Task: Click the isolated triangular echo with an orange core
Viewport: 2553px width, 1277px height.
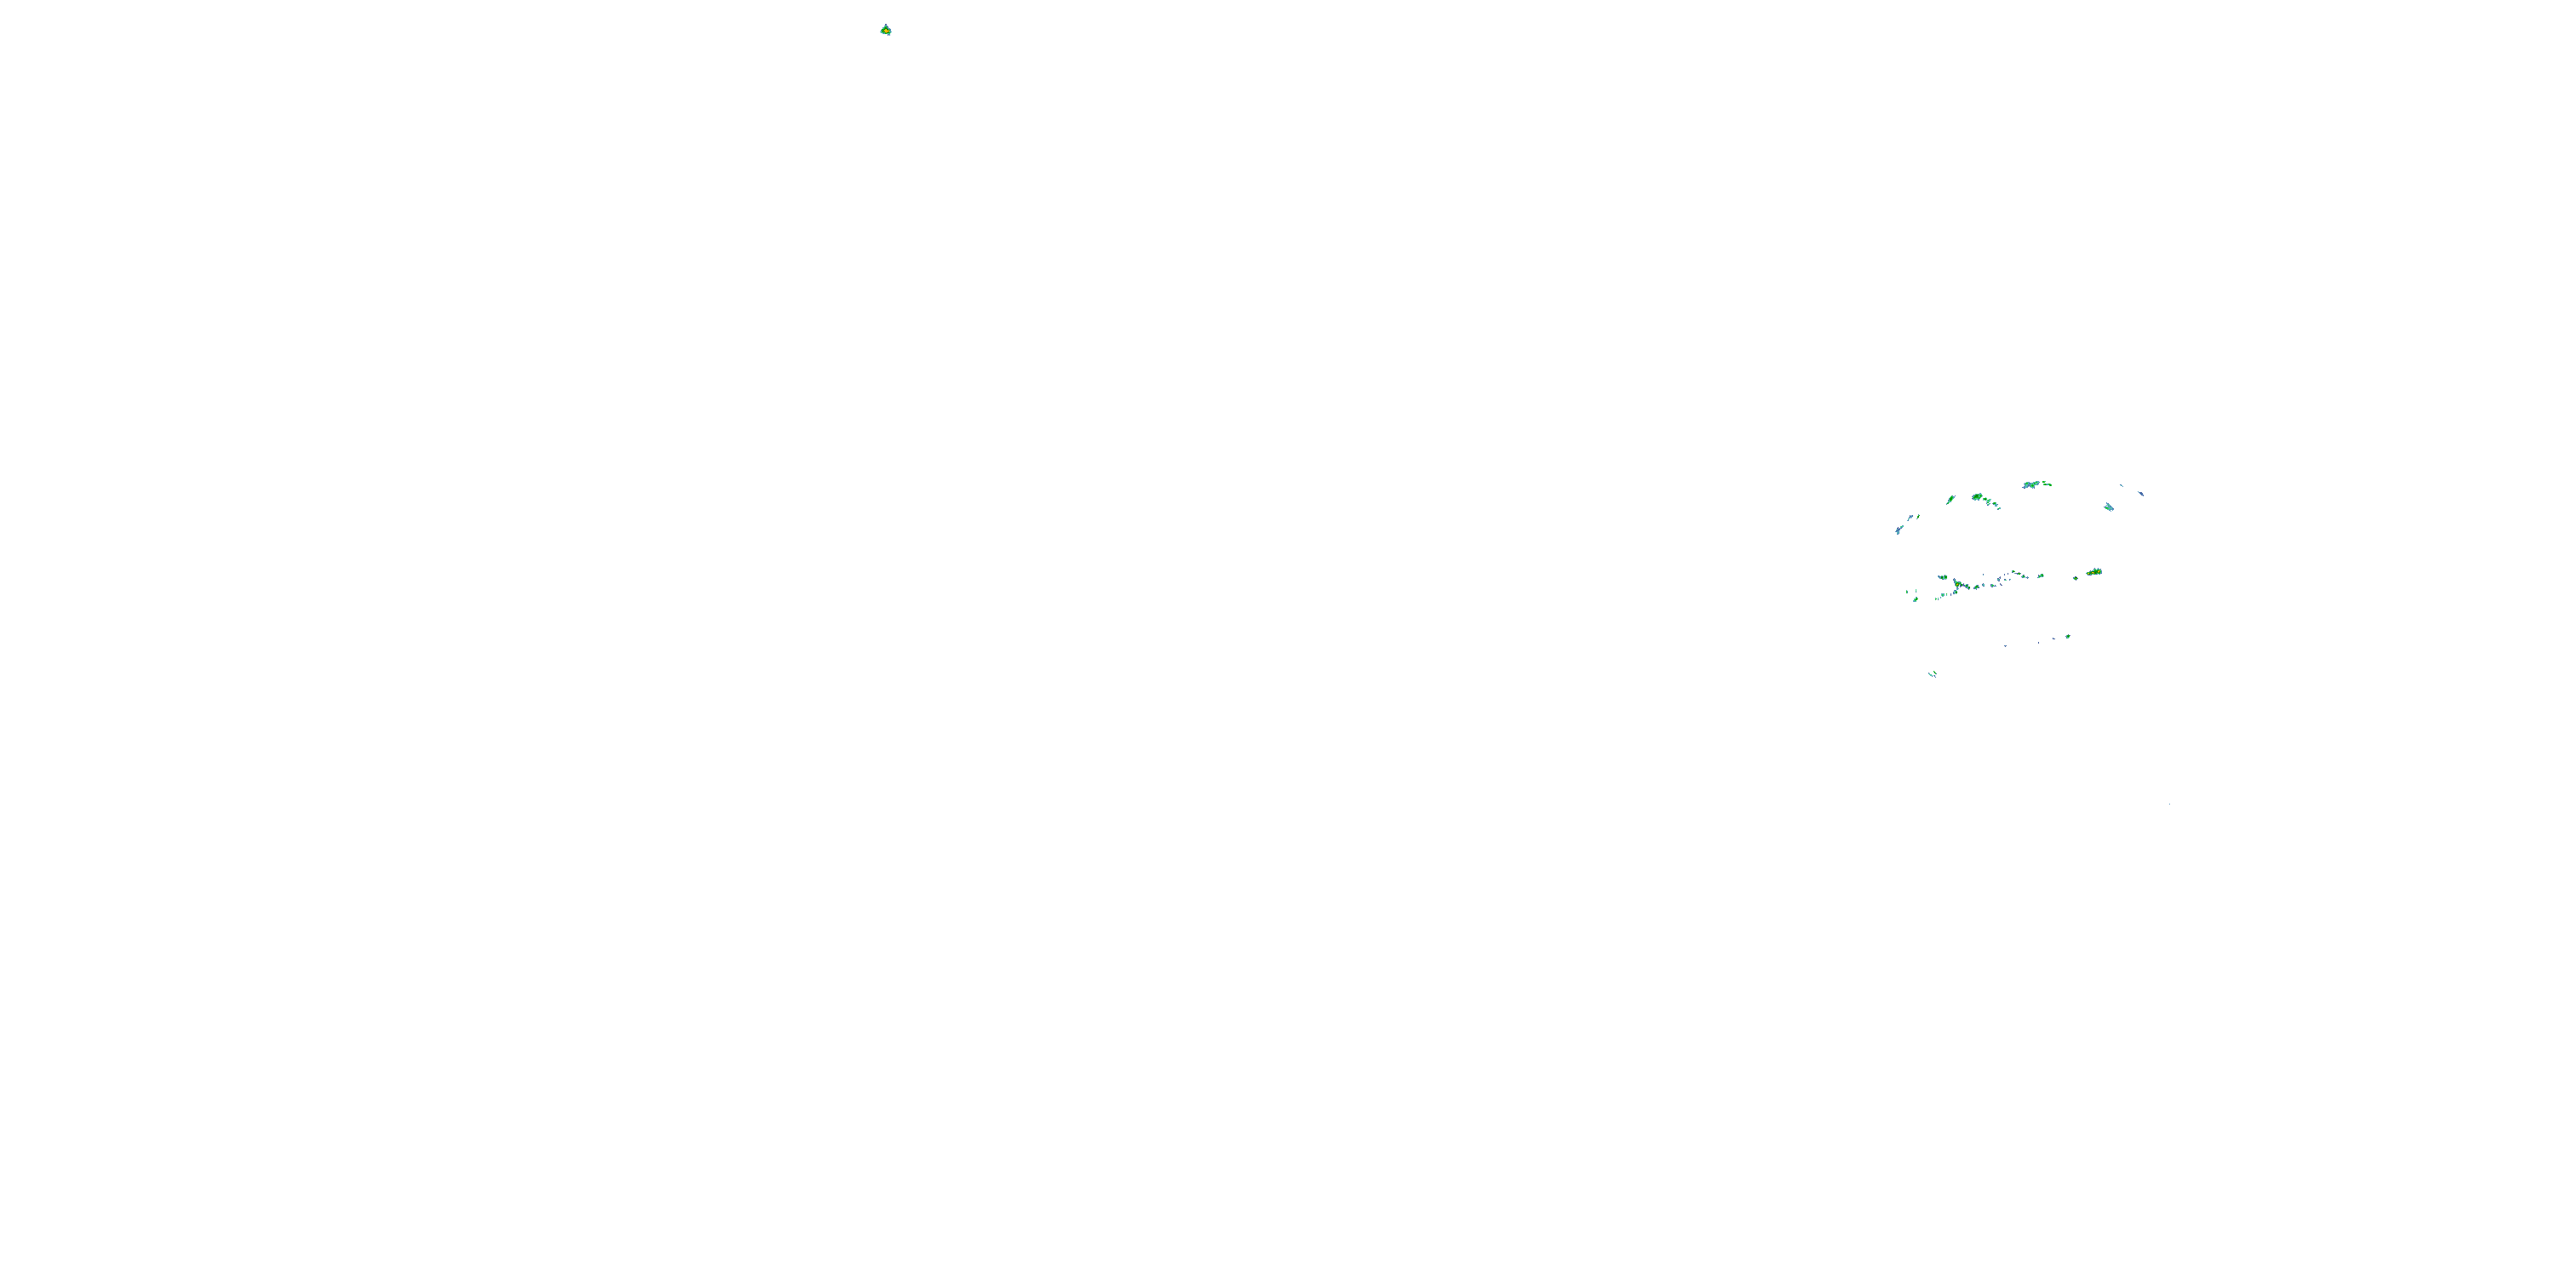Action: click(x=885, y=30)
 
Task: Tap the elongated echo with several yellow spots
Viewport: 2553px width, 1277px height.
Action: click(x=2094, y=572)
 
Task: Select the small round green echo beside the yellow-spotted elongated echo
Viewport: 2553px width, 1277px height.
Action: click(x=2076, y=579)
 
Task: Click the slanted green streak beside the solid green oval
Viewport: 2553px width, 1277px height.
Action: click(x=1950, y=500)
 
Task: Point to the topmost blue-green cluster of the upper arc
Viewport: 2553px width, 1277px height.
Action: click(x=2031, y=484)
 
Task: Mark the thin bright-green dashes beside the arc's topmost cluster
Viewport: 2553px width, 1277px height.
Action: click(x=2048, y=484)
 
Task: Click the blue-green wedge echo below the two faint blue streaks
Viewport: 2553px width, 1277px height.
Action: click(x=2109, y=507)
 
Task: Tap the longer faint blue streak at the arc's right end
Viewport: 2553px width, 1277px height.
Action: click(x=2141, y=494)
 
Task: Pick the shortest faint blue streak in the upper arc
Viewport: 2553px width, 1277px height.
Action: click(x=2122, y=486)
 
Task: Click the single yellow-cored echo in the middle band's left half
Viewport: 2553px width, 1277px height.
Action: click(x=1957, y=585)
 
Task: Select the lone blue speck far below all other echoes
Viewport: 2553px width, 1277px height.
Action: click(x=2170, y=803)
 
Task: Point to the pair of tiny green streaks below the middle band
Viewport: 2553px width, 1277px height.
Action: click(x=1933, y=674)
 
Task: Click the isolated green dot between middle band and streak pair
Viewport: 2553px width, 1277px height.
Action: click(x=2069, y=637)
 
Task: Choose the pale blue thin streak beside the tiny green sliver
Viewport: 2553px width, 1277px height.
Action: click(x=1910, y=518)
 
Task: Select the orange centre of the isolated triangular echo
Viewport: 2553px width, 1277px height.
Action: click(x=885, y=31)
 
